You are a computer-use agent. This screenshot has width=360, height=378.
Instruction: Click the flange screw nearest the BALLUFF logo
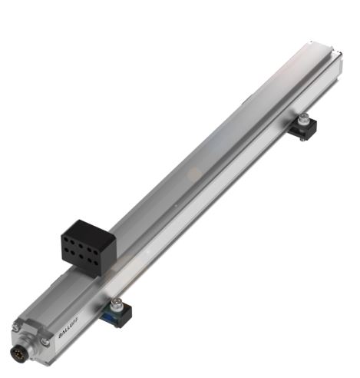click(45, 341)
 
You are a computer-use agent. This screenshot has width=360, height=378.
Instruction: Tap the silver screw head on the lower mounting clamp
click(117, 301)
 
